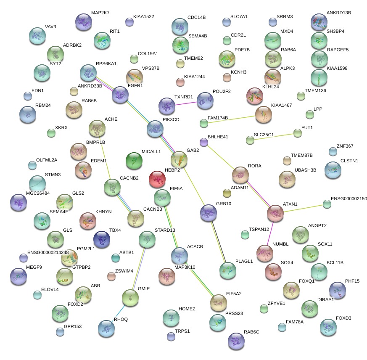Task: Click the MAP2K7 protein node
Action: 83,22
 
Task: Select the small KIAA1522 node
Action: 129,22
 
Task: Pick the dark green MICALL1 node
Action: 134,161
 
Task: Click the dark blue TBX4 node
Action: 102,239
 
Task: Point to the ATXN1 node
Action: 275,213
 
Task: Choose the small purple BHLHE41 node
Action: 204,142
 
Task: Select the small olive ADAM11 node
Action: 227,193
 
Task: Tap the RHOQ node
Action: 106,328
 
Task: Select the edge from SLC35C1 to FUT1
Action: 274,137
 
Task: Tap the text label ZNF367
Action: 345,146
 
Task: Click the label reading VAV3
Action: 50,26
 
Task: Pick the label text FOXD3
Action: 343,318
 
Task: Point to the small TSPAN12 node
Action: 245,235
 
